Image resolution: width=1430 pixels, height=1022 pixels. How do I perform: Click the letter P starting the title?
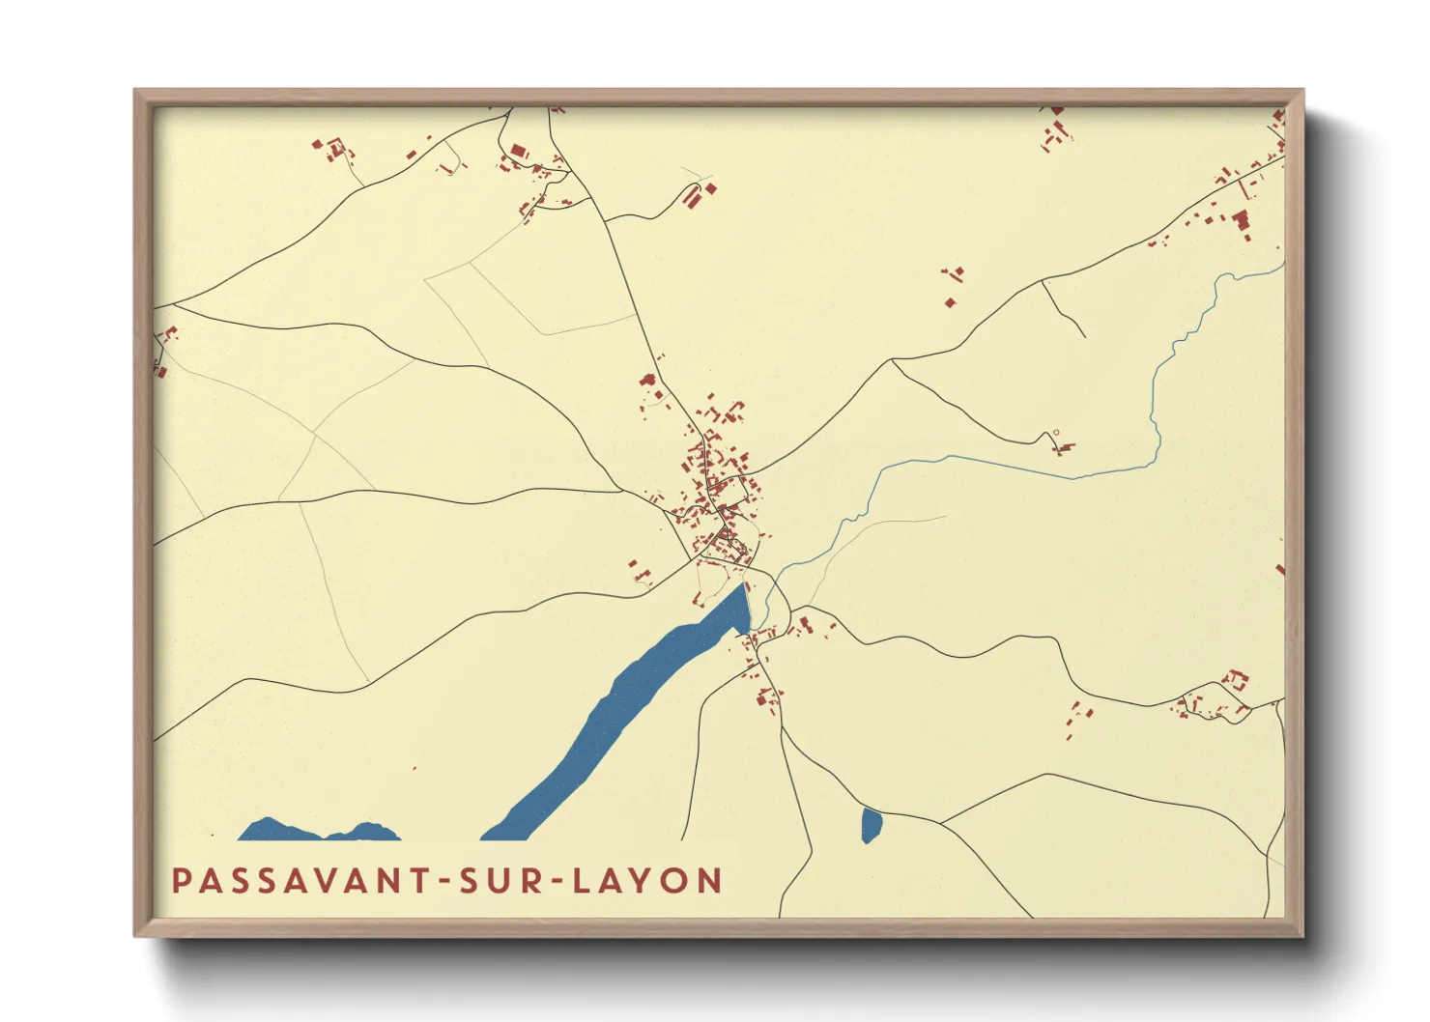point(181,881)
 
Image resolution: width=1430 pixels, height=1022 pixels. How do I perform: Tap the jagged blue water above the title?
point(319,832)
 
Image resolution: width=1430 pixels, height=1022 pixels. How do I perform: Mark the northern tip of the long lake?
point(743,585)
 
